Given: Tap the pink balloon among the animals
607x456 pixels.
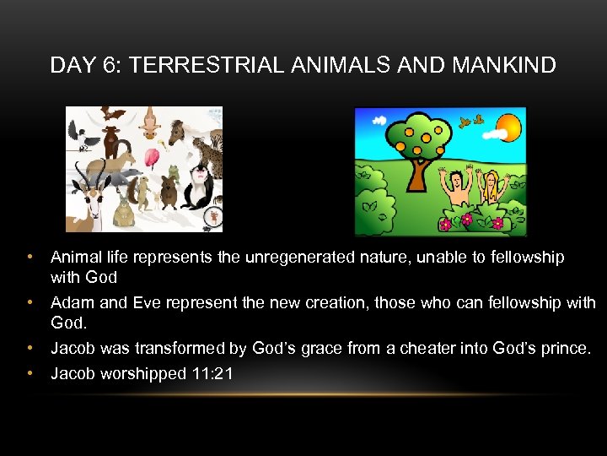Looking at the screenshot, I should tap(153, 159).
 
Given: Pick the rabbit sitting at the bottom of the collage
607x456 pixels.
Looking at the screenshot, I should tap(124, 211).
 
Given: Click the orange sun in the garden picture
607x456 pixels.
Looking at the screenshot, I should tap(510, 129).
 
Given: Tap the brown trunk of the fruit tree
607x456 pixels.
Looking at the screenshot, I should tap(416, 173).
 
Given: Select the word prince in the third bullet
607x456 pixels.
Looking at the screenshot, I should tap(565, 348).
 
